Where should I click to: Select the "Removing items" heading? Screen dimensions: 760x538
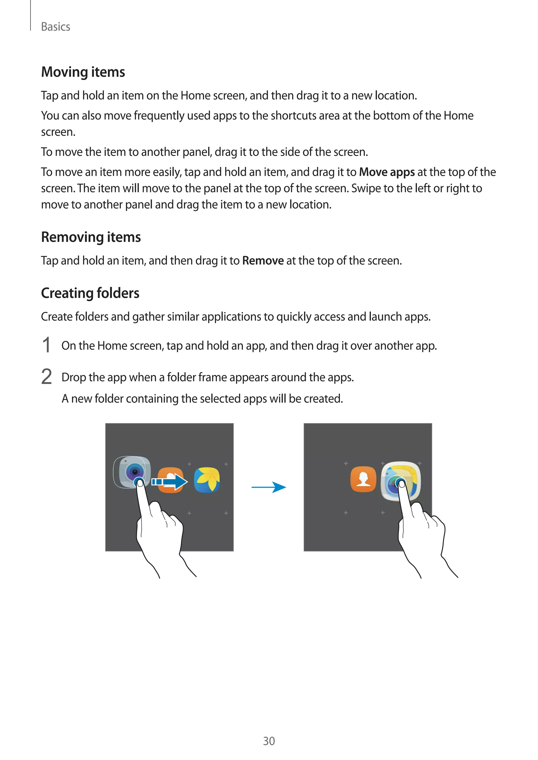pos(91,237)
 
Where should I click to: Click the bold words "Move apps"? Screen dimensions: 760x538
pos(387,172)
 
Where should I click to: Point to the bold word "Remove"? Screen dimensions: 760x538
pos(263,261)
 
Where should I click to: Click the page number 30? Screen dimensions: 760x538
pos(269,741)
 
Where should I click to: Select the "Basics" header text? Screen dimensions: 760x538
pos(56,27)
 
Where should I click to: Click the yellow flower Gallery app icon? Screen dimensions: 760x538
pos(207,480)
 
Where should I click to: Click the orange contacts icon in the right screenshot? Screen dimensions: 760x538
pos(363,479)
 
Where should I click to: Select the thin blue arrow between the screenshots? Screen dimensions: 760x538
pos(269,487)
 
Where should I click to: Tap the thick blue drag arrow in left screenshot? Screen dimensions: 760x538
pos(170,482)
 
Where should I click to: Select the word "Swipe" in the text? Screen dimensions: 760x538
pos(366,188)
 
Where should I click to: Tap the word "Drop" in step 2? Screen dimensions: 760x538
pos(74,377)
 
